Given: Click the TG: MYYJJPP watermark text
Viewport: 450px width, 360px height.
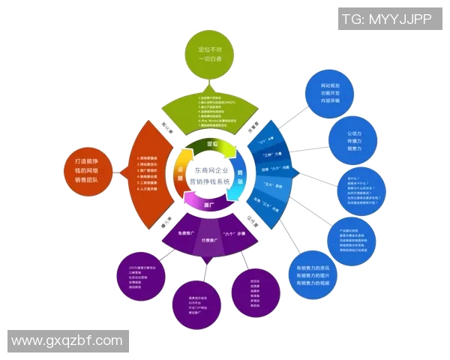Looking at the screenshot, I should click(386, 19).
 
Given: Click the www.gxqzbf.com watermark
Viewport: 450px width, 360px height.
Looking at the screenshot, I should click(67, 340).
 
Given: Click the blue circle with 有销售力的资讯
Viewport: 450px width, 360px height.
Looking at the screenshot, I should click(313, 274).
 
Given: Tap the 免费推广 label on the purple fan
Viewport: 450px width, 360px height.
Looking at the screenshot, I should click(187, 234).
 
